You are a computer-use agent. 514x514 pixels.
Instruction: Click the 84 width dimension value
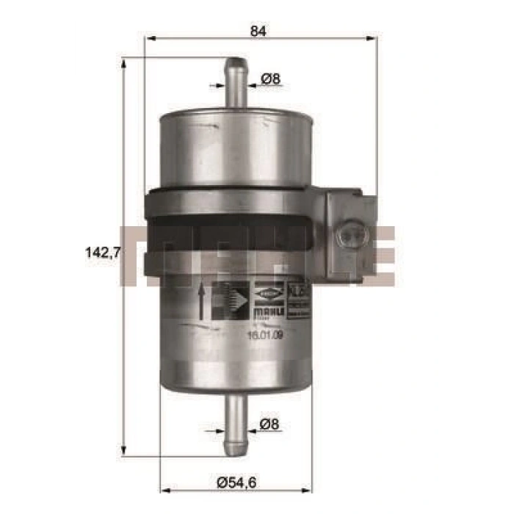click(258, 31)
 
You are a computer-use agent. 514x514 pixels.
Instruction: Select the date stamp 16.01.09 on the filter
click(265, 336)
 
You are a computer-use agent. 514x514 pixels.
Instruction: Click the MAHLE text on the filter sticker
click(265, 313)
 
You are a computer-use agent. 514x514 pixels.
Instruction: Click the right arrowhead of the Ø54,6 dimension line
click(311, 466)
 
